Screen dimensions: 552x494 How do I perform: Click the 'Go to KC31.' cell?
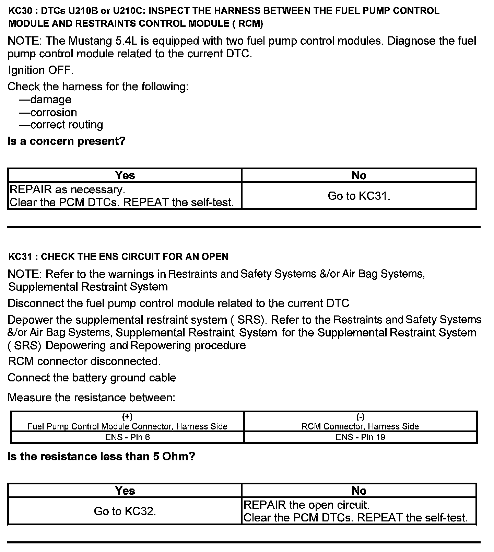(359, 196)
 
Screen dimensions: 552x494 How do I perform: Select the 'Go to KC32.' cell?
(125, 511)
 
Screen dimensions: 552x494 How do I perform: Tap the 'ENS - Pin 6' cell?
(127, 437)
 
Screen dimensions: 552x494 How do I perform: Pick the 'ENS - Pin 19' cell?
(360, 437)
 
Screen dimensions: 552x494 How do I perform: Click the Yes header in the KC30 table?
(125, 175)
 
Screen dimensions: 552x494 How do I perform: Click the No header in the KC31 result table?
(359, 491)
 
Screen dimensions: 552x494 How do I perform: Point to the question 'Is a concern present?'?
(67, 141)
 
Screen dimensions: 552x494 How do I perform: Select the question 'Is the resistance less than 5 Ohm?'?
(101, 456)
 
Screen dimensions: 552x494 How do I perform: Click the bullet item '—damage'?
(45, 100)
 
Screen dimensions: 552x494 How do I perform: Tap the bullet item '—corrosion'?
(48, 112)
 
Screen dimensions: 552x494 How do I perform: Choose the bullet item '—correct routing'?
(61, 125)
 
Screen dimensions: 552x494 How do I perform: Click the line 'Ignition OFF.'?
(40, 70)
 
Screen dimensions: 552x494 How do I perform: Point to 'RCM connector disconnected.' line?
(84, 361)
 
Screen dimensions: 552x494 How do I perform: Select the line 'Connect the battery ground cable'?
(92, 378)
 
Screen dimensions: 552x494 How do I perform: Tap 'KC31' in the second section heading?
(20, 257)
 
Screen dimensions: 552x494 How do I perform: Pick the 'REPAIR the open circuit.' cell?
(306, 505)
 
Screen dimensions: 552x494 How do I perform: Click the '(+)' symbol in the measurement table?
(127, 417)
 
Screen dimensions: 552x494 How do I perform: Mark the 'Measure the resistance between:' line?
(91, 398)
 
